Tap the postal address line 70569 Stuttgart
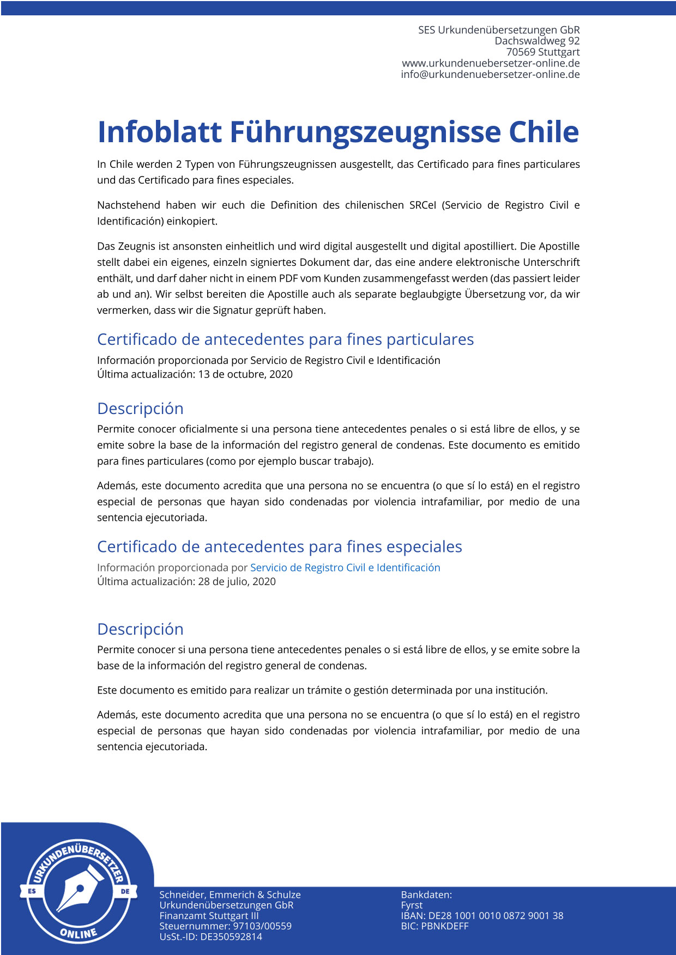tap(542, 52)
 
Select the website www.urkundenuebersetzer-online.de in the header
tap(491, 63)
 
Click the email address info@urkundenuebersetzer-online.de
tap(490, 75)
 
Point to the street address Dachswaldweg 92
tap(537, 41)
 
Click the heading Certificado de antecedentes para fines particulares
tap(285, 339)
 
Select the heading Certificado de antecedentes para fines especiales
tap(279, 547)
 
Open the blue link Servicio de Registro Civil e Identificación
tap(345, 568)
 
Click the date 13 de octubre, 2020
tap(245, 374)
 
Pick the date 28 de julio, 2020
tap(237, 581)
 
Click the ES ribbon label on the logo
tap(32, 891)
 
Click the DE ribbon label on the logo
tap(125, 891)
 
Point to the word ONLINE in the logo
tap(79, 933)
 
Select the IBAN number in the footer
tap(496, 916)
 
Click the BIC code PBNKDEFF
tap(445, 926)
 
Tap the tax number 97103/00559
tap(262, 926)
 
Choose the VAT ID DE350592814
tap(231, 937)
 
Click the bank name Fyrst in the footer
tap(412, 905)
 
